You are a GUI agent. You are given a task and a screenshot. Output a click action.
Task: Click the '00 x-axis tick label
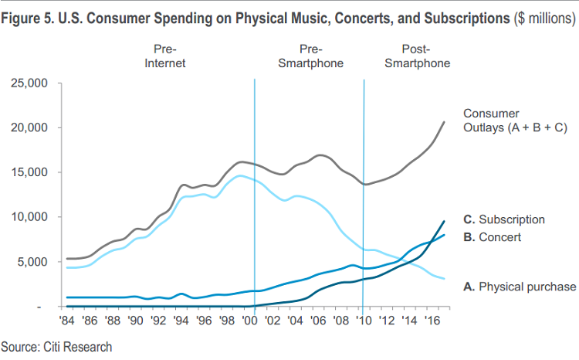(249, 318)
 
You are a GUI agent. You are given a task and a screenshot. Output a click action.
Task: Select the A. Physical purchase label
(520, 287)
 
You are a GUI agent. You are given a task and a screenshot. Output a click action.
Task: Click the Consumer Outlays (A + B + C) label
(513, 121)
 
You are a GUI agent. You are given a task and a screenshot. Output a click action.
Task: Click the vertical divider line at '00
(254, 193)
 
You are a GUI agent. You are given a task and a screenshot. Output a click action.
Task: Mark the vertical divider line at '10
(364, 193)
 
